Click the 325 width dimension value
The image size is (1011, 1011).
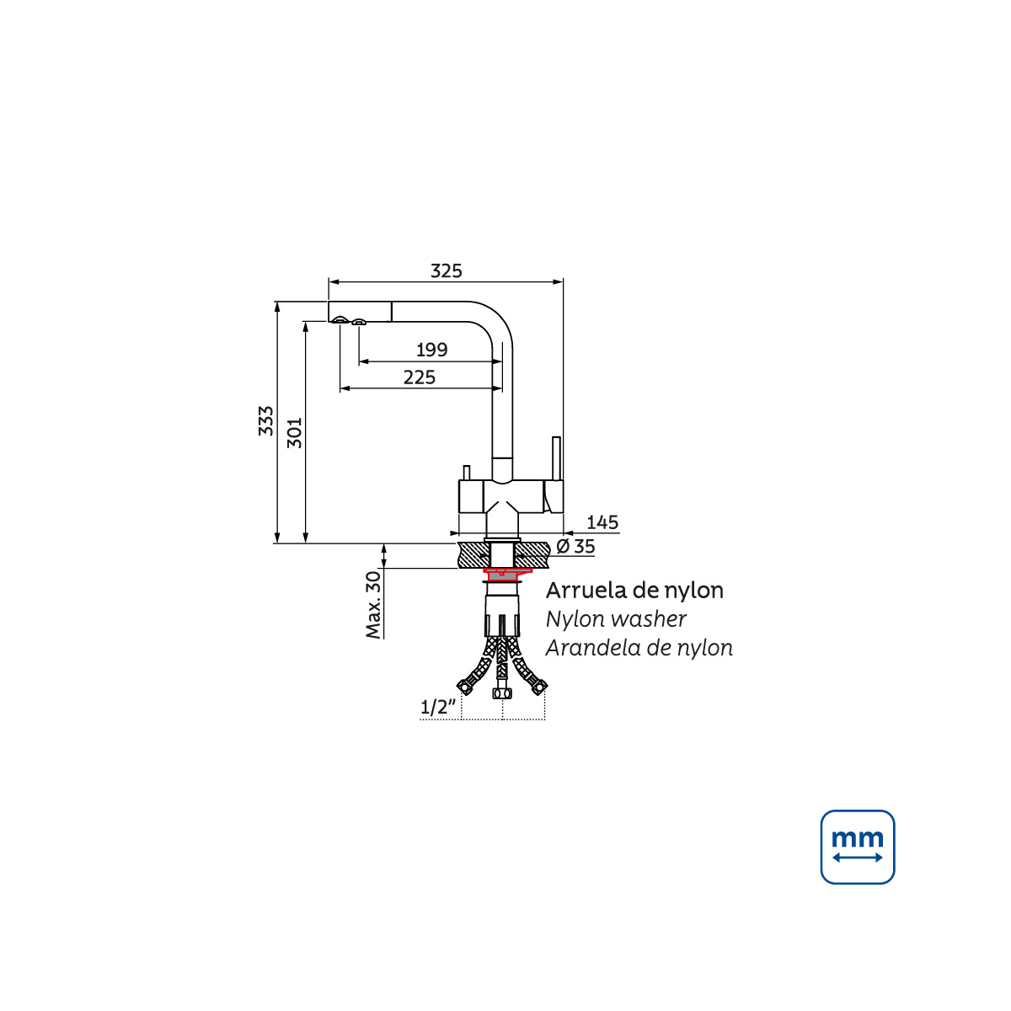[x=446, y=271]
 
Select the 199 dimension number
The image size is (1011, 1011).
[x=432, y=350]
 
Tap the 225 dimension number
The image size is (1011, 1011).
[x=420, y=377]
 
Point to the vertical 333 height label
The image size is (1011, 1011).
[x=266, y=420]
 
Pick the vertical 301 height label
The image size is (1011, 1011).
[x=295, y=433]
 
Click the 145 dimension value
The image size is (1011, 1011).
[x=602, y=522]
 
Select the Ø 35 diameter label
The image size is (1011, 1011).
[x=575, y=547]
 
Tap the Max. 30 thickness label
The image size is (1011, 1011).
[x=373, y=605]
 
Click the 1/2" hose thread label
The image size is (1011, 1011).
[x=438, y=707]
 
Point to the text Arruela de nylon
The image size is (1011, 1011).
[x=634, y=591]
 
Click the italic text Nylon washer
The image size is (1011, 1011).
[x=616, y=619]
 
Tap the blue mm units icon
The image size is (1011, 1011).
[x=858, y=847]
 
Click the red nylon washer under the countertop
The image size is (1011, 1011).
[x=506, y=574]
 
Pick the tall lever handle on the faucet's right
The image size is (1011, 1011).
[x=557, y=458]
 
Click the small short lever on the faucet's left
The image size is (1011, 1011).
[x=467, y=472]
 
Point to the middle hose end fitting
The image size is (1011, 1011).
[x=502, y=693]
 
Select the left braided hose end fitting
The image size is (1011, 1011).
[x=465, y=687]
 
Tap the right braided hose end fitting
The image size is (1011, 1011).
[x=539, y=687]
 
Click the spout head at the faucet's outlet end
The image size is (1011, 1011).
[x=360, y=312]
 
